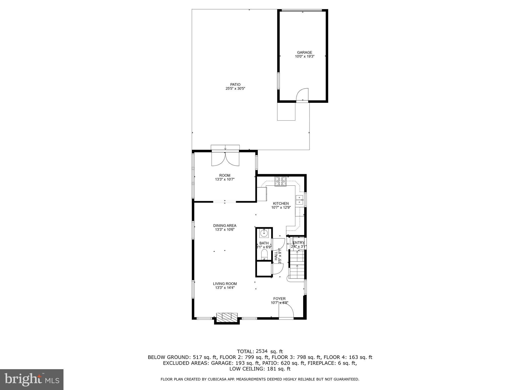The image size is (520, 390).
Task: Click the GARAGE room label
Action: click(304, 53)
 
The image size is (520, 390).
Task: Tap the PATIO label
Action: click(235, 85)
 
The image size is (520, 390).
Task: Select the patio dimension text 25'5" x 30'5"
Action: click(235, 89)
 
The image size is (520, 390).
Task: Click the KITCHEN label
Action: click(281, 203)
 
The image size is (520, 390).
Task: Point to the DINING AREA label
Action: click(225, 225)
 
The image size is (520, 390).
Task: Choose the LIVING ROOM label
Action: click(225, 284)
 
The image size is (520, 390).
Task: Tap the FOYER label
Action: click(279, 299)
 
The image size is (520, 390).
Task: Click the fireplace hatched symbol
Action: click(227, 316)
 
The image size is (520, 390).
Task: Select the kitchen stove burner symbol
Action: click(280, 181)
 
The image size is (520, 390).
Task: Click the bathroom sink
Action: click(264, 233)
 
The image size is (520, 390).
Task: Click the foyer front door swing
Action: click(286, 311)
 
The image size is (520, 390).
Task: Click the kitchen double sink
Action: click(300, 200)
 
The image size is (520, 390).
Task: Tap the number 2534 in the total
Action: click(262, 351)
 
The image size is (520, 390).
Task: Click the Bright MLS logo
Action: click(32, 379)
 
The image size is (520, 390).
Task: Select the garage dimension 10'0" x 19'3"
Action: click(304, 57)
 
